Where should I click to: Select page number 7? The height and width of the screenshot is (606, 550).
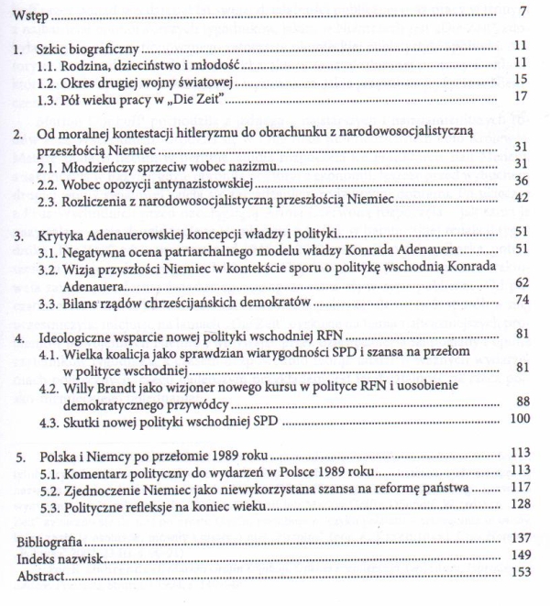tap(521, 13)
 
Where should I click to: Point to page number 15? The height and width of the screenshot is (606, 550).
tap(518, 80)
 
